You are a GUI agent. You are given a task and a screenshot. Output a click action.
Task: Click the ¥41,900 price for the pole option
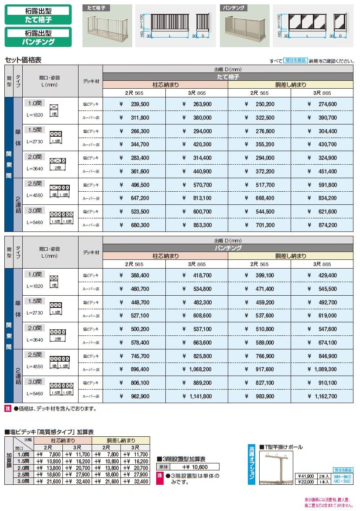(x=306, y=476)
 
